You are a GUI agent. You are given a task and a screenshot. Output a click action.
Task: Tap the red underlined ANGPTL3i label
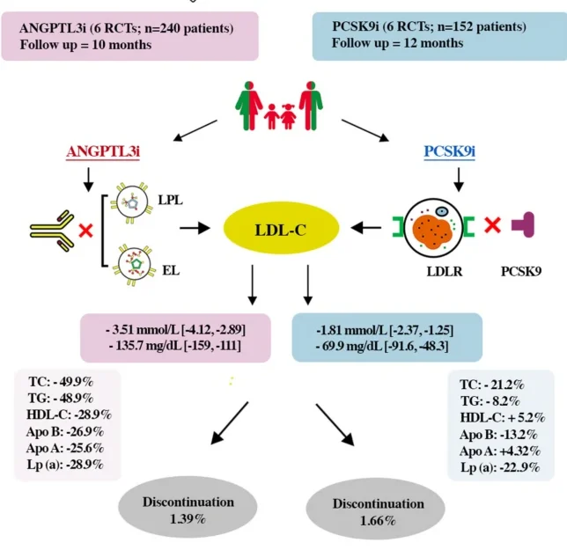point(105,151)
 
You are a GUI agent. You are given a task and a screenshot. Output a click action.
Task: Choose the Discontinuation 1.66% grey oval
point(378,511)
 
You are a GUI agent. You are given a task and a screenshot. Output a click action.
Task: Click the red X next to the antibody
point(86,231)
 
